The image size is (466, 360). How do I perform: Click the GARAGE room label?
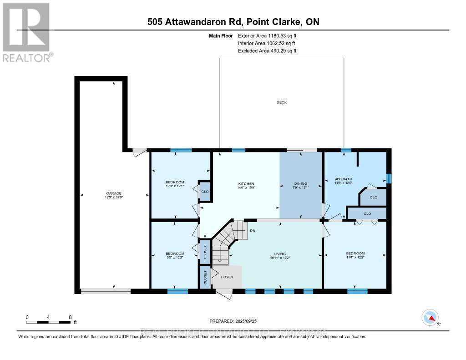pos(114,193)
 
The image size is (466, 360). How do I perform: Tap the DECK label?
pos(282,102)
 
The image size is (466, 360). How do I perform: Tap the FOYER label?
pos(227,276)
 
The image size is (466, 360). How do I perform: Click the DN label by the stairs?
pos(252,230)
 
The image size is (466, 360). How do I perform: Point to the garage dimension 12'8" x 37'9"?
pos(114,198)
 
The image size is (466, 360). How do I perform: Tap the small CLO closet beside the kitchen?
pos(205,192)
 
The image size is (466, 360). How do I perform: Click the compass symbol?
pos(430,317)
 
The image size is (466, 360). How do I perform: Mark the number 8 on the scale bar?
pos(70,317)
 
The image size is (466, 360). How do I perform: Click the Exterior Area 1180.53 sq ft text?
pos(267,35)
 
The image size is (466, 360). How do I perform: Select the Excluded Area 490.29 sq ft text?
pos(267,51)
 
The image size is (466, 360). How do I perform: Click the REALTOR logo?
pos(26,32)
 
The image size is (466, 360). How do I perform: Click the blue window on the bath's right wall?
pos(388,178)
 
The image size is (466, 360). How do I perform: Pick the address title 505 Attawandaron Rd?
pos(233,22)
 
